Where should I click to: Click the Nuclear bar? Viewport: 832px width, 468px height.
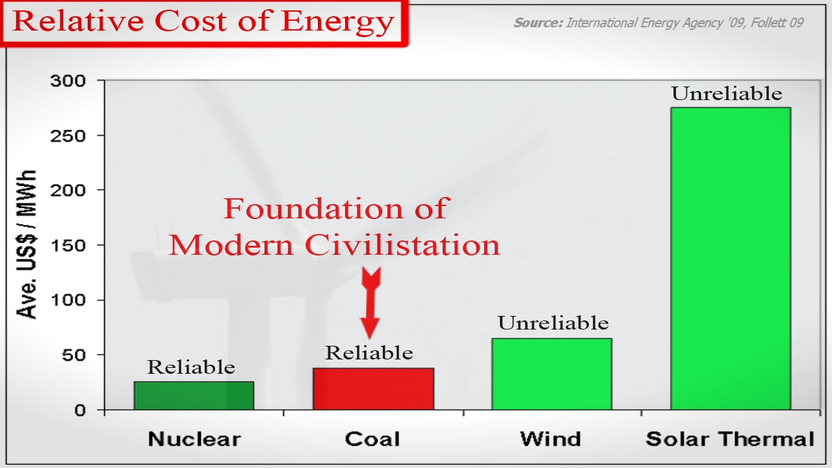[x=194, y=396]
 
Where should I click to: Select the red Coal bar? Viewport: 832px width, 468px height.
[x=373, y=389]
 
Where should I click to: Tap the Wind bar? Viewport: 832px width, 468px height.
[x=552, y=374]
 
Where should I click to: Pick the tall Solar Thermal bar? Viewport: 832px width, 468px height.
[x=731, y=259]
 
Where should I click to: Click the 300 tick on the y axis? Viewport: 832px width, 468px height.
[x=68, y=81]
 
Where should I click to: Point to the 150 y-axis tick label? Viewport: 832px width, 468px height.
[x=68, y=246]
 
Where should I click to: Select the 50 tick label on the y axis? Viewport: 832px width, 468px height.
[x=74, y=355]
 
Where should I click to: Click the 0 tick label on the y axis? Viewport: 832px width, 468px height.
[x=80, y=410]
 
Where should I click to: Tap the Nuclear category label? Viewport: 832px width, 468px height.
[x=194, y=439]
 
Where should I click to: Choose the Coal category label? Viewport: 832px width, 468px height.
[x=372, y=439]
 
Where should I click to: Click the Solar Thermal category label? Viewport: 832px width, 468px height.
[x=730, y=439]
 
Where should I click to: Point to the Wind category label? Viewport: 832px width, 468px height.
[x=551, y=439]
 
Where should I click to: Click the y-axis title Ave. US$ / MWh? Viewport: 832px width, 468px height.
[x=27, y=244]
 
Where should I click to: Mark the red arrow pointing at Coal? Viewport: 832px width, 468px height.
[x=370, y=303]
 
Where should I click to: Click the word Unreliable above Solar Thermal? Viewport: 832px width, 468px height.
[x=727, y=93]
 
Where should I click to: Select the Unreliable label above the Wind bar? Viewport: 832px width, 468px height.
[x=553, y=323]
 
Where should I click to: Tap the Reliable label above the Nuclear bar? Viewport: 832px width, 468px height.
[x=191, y=367]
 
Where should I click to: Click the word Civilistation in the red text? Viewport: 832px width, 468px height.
[x=402, y=245]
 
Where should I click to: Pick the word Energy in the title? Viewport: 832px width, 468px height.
[x=337, y=21]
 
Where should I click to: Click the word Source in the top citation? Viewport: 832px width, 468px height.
[x=538, y=23]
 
